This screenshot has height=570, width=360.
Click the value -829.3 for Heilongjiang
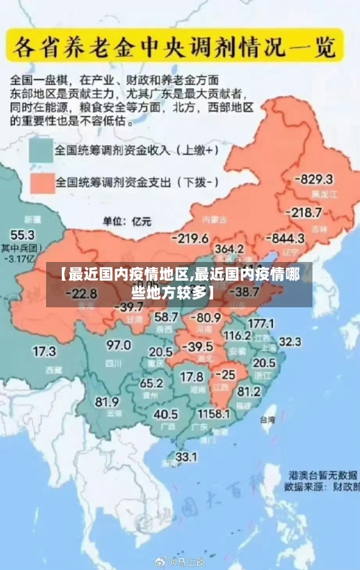pyautogui.click(x=316, y=179)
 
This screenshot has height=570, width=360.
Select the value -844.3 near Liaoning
pyautogui.click(x=287, y=238)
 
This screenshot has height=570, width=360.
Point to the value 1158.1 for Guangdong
pyautogui.click(x=215, y=415)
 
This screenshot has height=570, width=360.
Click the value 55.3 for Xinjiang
pyautogui.click(x=22, y=235)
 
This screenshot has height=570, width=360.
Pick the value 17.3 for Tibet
pyautogui.click(x=44, y=351)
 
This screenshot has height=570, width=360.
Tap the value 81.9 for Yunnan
pyautogui.click(x=107, y=402)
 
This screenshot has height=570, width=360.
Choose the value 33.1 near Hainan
pyautogui.click(x=186, y=456)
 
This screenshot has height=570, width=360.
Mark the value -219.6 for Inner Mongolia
pyautogui.click(x=189, y=238)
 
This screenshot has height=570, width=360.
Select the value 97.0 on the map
pyautogui.click(x=119, y=345)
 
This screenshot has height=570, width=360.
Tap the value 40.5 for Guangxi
pyautogui.click(x=166, y=414)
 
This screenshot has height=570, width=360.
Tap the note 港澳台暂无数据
pyautogui.click(x=324, y=475)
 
